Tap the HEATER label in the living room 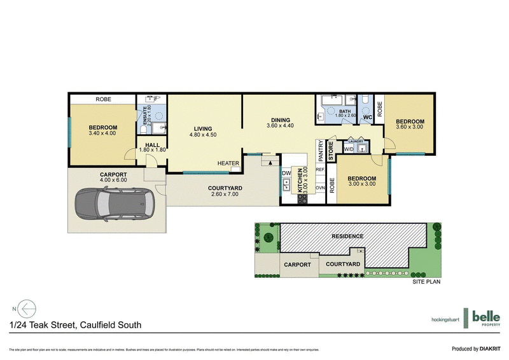tap(228, 163)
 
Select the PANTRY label tap(320, 152)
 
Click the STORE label tap(331, 151)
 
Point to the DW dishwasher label tap(286, 173)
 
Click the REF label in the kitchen tap(320, 170)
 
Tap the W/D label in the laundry tap(349, 149)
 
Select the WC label tap(367, 118)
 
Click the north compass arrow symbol tap(24, 308)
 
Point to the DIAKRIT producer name tap(490, 349)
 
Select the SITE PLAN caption tap(426, 280)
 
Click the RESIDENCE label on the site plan tap(347, 236)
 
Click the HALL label tap(152, 145)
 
